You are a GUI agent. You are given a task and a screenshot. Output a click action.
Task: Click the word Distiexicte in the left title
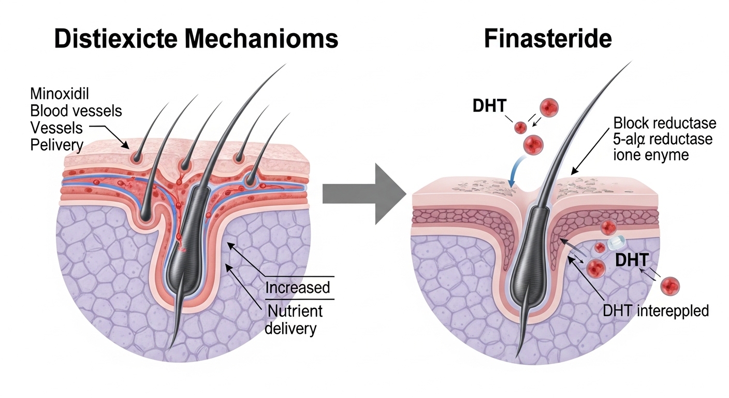coord(116,39)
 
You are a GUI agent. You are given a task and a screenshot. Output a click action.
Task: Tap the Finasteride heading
coord(548,39)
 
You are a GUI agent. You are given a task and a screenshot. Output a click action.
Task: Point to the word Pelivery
coord(56,145)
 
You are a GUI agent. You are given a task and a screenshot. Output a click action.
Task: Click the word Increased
coord(297,287)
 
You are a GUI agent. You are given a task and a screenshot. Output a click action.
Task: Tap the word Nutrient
coord(294,311)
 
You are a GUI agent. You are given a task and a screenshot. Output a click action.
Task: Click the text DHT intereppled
coord(655,311)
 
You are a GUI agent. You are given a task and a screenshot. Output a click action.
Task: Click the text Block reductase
coord(664,123)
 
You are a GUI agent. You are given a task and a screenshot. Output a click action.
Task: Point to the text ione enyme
coord(651,154)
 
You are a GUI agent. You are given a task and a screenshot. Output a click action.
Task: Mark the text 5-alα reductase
coord(663,139)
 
